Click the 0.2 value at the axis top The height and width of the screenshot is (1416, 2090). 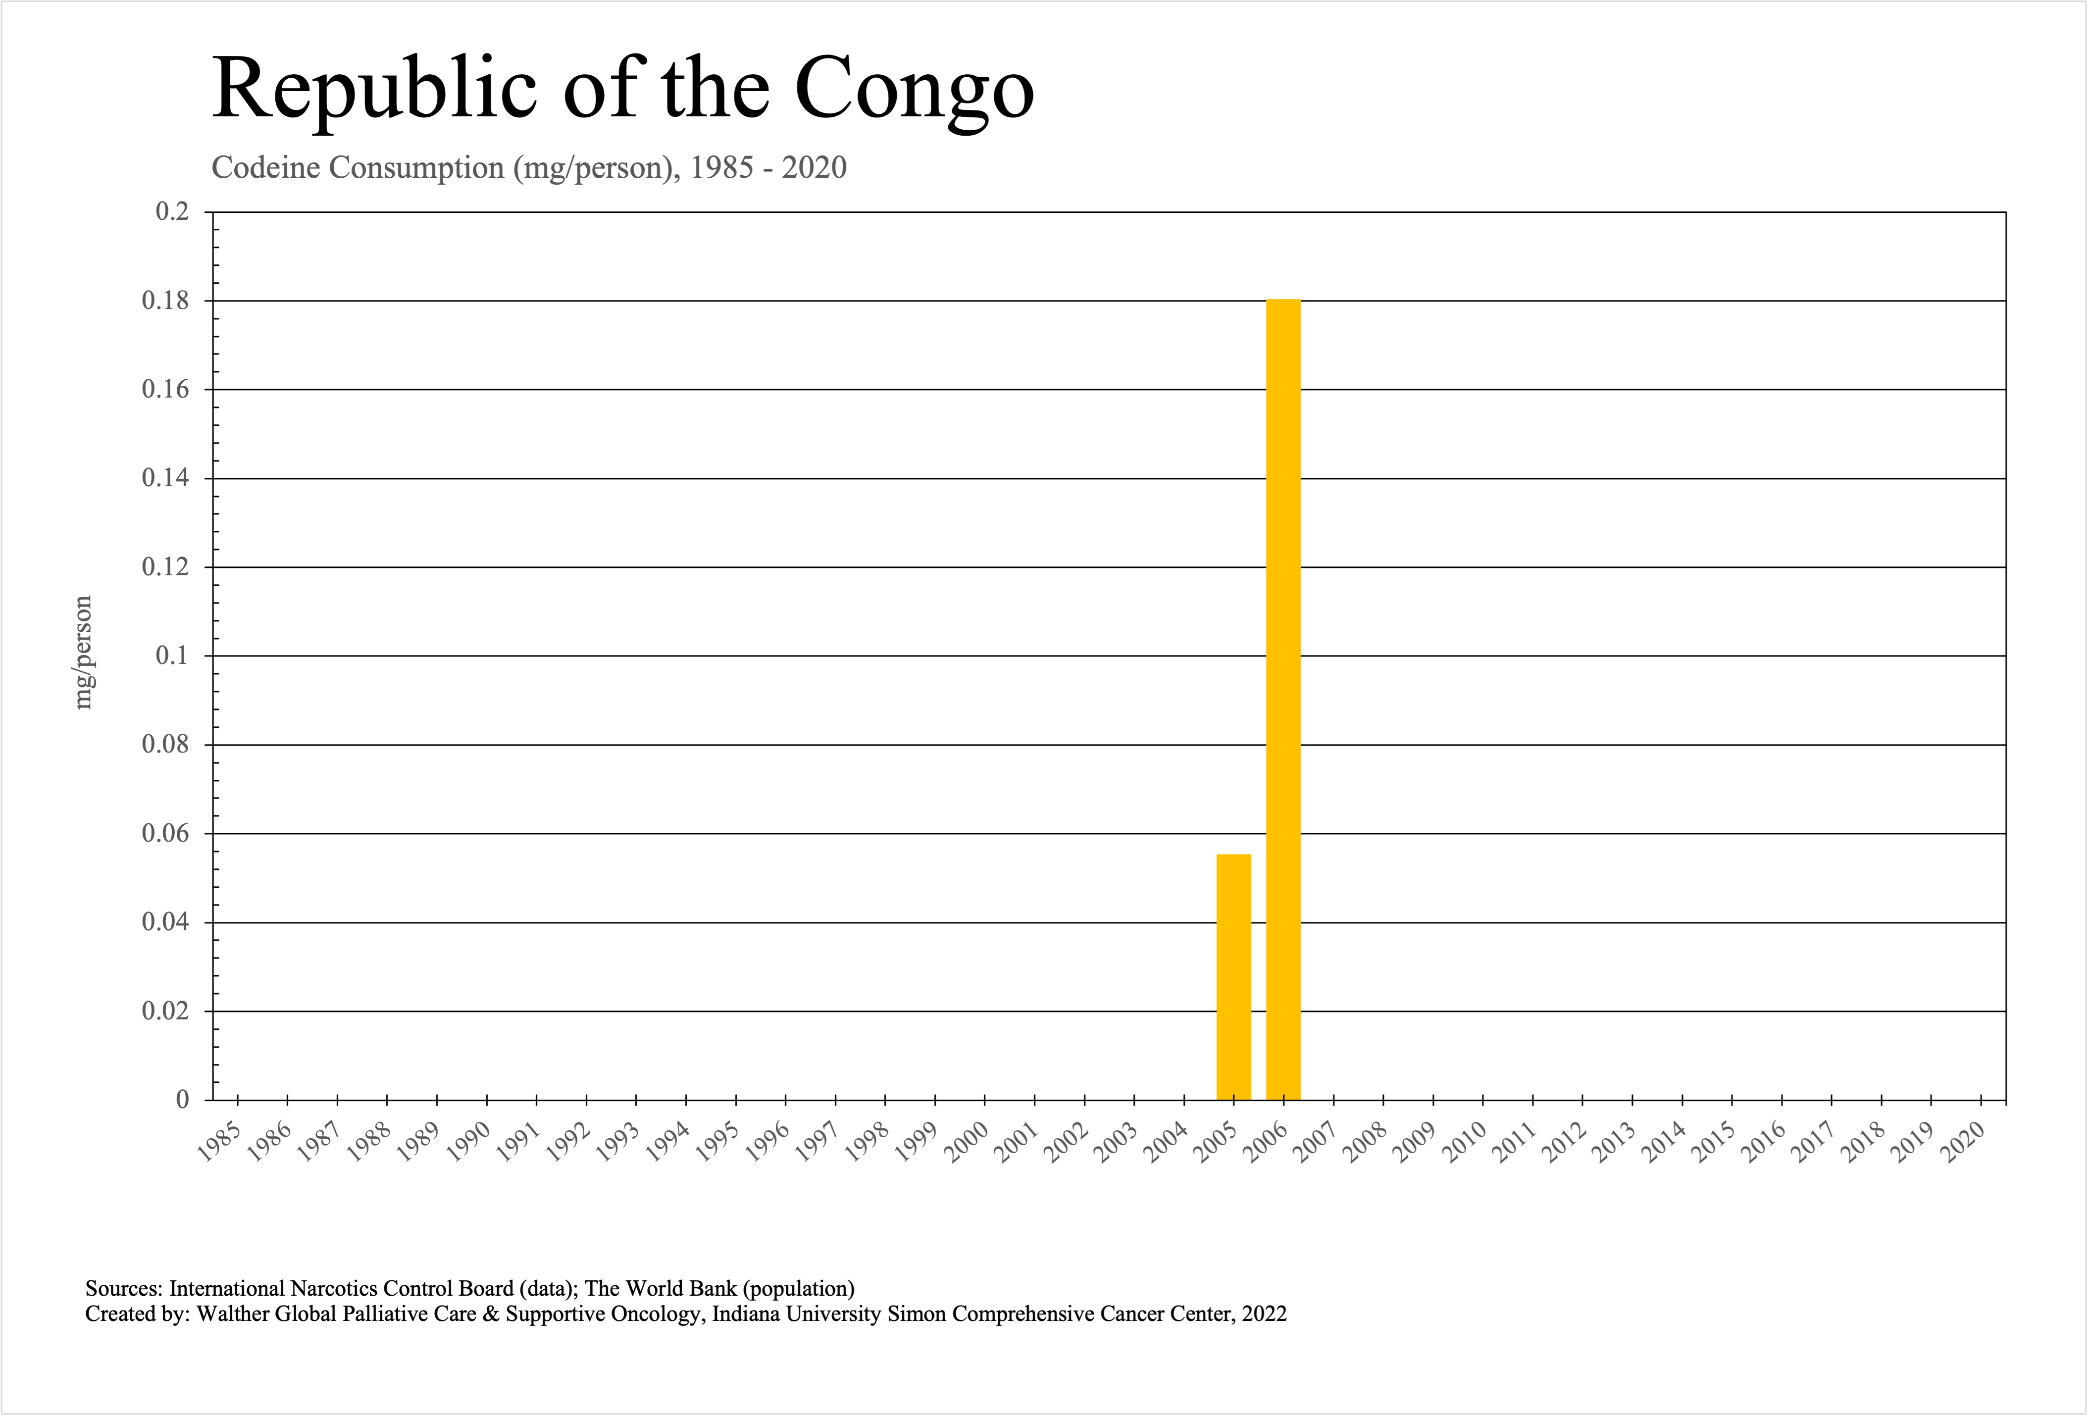click(x=173, y=212)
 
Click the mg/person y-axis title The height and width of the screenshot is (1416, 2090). click(x=83, y=653)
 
